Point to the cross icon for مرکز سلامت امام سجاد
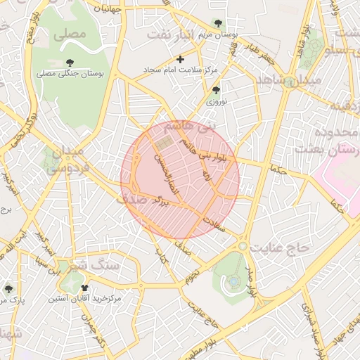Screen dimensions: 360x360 [181, 60]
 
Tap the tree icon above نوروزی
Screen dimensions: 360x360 [215, 90]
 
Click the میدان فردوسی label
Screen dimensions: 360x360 [65, 159]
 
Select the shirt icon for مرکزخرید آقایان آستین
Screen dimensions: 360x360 [85, 287]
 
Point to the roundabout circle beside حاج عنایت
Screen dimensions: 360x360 [243, 247]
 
